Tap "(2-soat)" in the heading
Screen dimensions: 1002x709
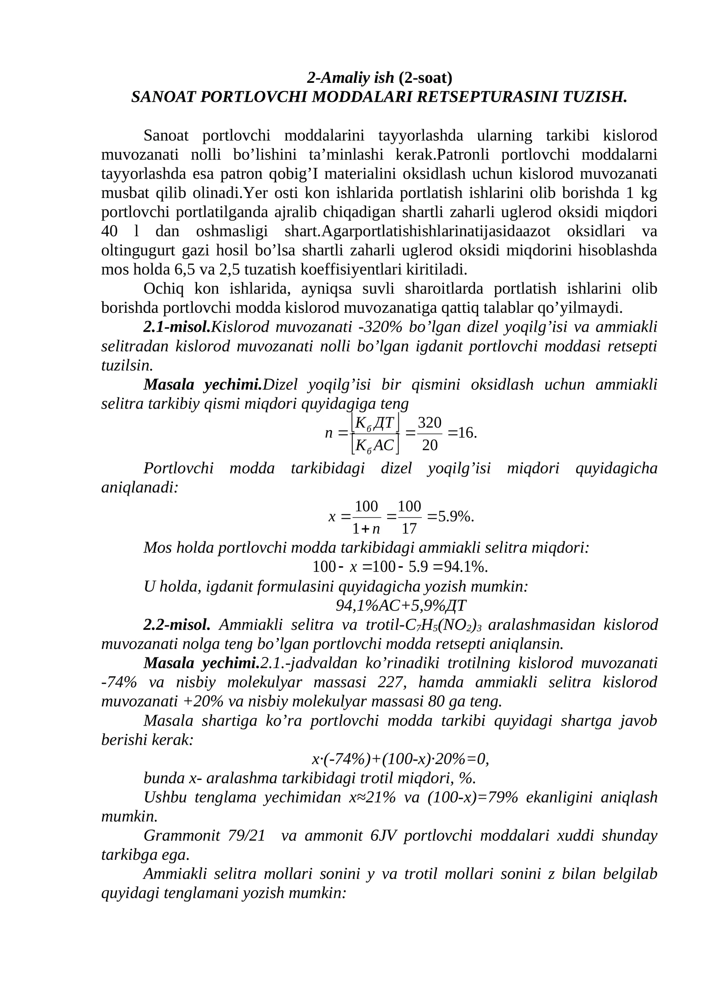pyautogui.click(x=425, y=78)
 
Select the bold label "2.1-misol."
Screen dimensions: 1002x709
pyautogui.click(x=177, y=327)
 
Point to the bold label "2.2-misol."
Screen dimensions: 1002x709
pyautogui.click(x=177, y=625)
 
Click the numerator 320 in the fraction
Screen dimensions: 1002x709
pyautogui.click(x=429, y=422)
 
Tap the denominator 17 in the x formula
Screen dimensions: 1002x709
pyautogui.click(x=409, y=528)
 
